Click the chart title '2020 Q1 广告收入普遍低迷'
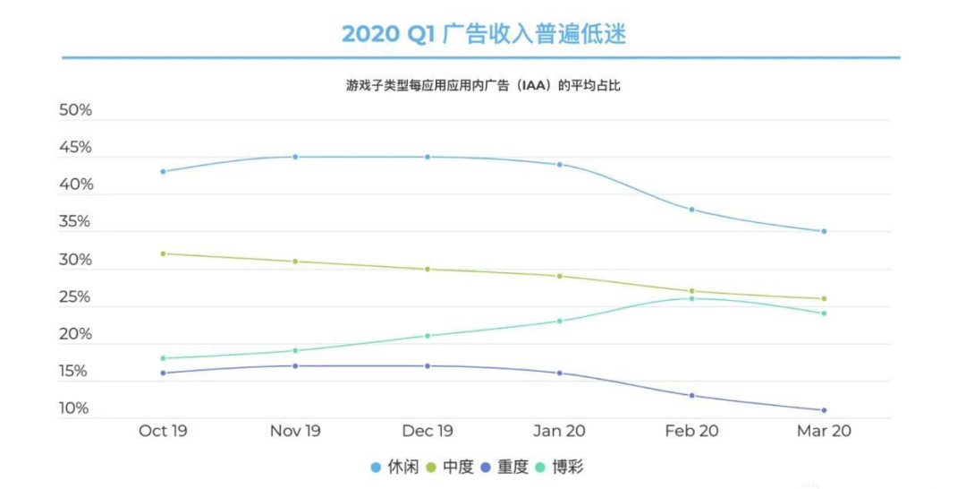pyautogui.click(x=483, y=34)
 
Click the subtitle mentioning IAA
pyautogui.click(x=483, y=86)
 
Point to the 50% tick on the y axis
pyautogui.click(x=75, y=110)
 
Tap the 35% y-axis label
pyautogui.click(x=75, y=222)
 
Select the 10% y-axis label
pyautogui.click(x=75, y=408)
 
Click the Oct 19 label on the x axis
pyautogui.click(x=163, y=431)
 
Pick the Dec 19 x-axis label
pyautogui.click(x=428, y=431)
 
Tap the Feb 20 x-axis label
pyautogui.click(x=691, y=431)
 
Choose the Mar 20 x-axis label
pyautogui.click(x=824, y=431)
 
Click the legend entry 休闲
pyautogui.click(x=394, y=467)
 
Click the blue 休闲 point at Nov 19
pyautogui.click(x=295, y=157)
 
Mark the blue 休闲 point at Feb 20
pyautogui.click(x=691, y=210)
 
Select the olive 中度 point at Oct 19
pyautogui.click(x=163, y=253)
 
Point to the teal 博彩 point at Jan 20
pyautogui.click(x=560, y=321)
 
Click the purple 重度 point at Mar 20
pyautogui.click(x=824, y=410)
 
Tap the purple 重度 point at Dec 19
pyautogui.click(x=428, y=365)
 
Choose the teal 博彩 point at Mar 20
pyautogui.click(x=824, y=313)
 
